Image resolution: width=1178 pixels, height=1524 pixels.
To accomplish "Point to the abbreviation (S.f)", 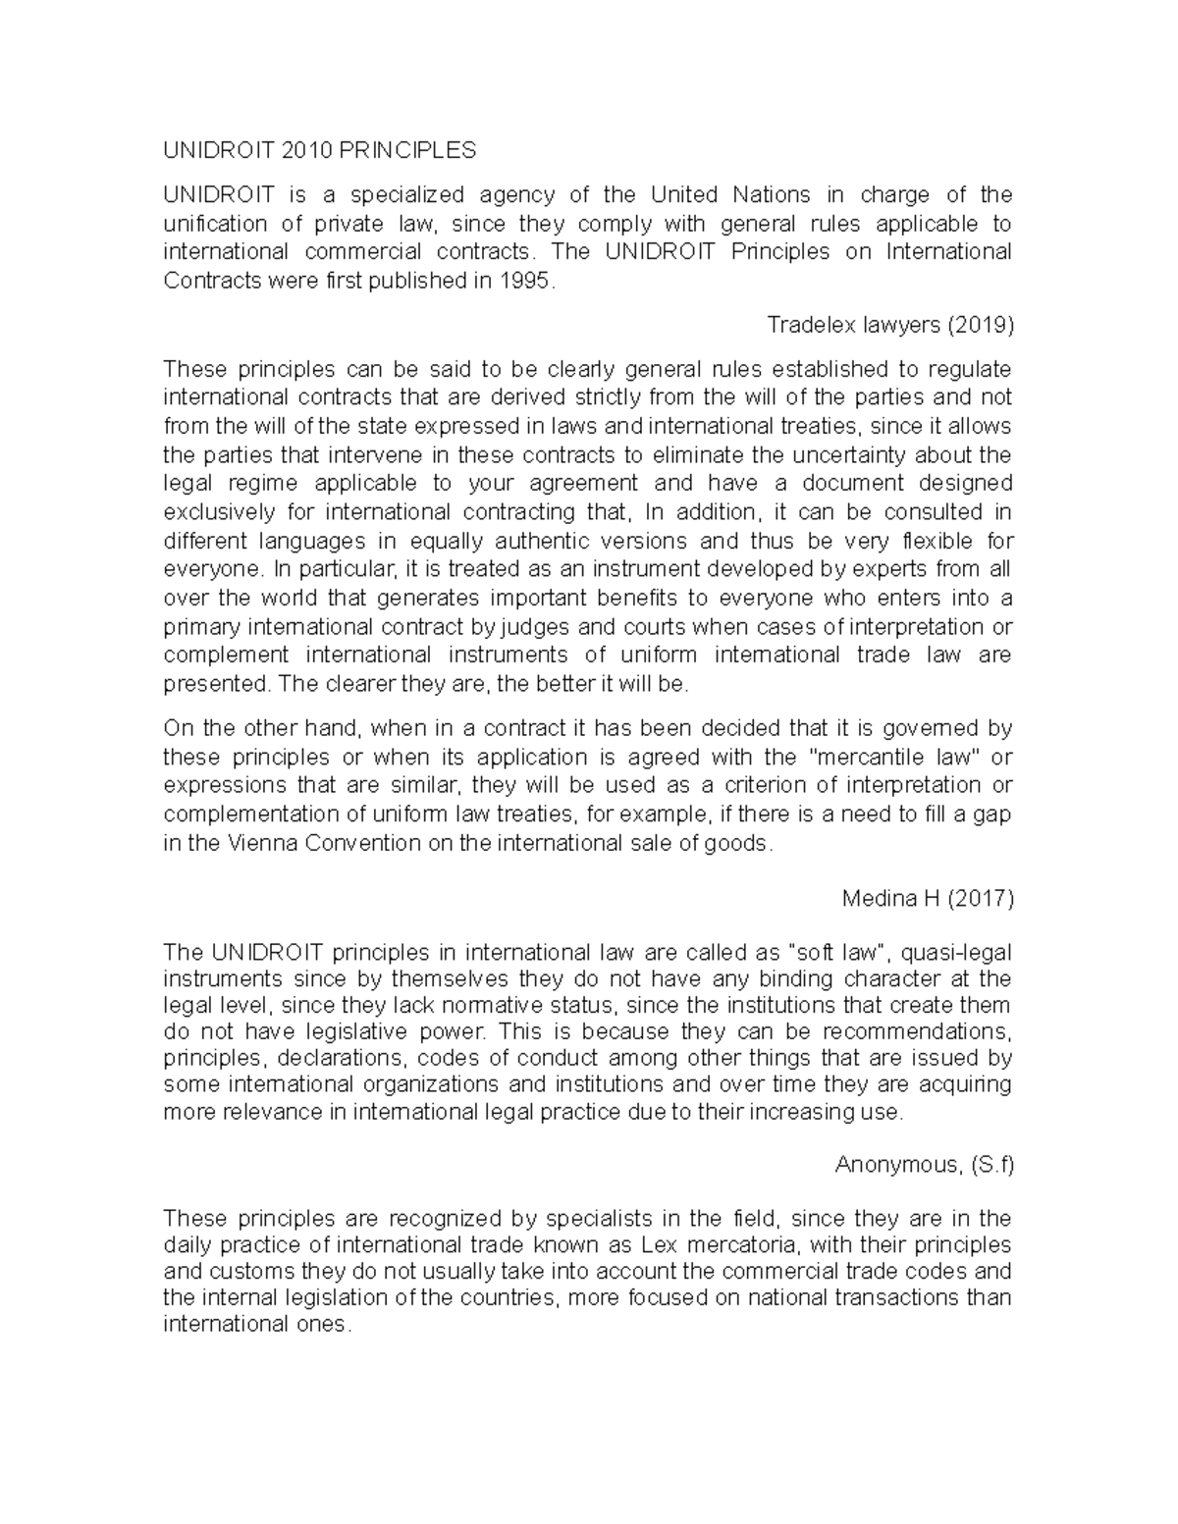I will (991, 1165).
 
